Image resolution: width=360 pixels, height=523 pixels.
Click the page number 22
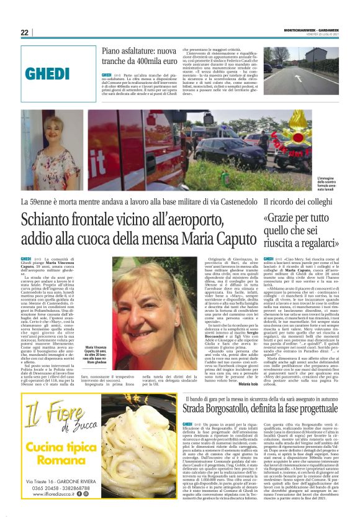[24, 32]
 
